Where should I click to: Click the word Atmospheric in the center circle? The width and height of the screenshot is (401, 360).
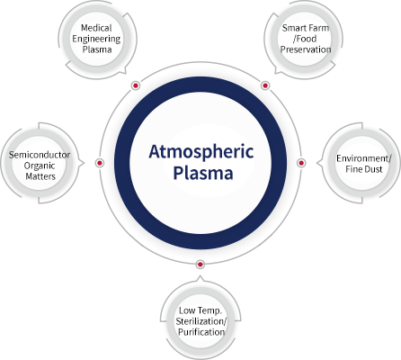tap(201, 152)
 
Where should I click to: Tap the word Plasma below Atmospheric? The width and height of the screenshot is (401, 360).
tap(203, 173)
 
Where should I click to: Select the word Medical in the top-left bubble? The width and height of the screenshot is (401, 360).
tap(96, 28)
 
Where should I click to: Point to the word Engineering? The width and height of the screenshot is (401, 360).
tap(96, 39)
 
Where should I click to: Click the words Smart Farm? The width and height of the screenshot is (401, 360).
tap(306, 28)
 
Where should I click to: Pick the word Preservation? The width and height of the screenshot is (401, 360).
tap(306, 49)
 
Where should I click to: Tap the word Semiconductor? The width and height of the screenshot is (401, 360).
tap(40, 155)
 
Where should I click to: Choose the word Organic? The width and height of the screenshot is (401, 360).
tap(40, 166)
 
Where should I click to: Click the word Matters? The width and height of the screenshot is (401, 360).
tap(40, 176)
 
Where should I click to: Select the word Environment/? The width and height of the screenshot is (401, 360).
tap(364, 158)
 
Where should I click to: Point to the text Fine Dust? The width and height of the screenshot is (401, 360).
tap(364, 169)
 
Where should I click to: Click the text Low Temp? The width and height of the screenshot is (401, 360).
tap(200, 310)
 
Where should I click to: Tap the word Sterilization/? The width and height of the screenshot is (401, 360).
tap(201, 321)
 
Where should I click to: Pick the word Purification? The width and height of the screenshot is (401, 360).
tap(201, 332)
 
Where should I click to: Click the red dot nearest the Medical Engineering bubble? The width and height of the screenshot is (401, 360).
tap(136, 85)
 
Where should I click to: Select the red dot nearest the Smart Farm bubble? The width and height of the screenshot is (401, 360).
tap(265, 85)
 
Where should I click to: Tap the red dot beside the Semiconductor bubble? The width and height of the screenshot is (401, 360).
tap(100, 163)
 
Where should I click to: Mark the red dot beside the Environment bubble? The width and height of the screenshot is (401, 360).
tap(301, 163)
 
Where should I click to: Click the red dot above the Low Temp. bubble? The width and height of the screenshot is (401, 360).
tap(200, 265)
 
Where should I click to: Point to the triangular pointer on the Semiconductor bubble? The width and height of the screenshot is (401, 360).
tap(82, 163)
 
